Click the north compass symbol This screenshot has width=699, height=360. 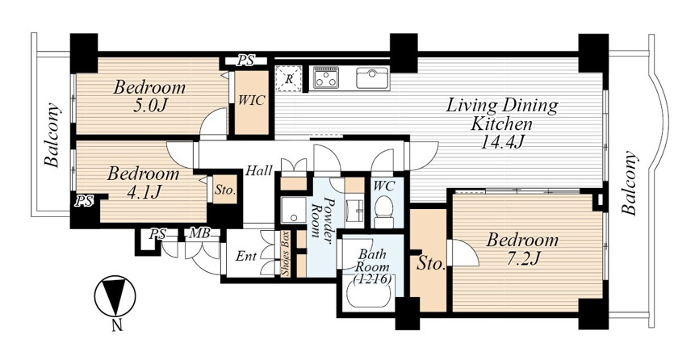(x=115, y=296)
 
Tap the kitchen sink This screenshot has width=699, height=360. (x=373, y=78)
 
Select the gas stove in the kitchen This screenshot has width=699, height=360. (x=326, y=77)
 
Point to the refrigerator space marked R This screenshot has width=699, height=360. (x=288, y=79)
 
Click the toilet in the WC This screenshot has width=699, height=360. (x=383, y=211)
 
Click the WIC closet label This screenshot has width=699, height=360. (x=251, y=100)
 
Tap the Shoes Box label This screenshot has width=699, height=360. (x=286, y=253)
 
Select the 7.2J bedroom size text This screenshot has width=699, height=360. (x=522, y=258)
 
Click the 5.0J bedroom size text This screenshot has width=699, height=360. (x=149, y=105)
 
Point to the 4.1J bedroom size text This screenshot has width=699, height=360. (x=143, y=191)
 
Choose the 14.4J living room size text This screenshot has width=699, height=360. (x=501, y=142)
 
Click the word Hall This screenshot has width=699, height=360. (x=259, y=170)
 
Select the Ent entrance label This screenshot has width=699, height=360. (x=246, y=256)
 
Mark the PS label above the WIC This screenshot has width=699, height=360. (x=245, y=61)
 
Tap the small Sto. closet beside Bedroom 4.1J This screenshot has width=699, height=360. (x=224, y=190)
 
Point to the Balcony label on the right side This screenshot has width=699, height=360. (x=629, y=183)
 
